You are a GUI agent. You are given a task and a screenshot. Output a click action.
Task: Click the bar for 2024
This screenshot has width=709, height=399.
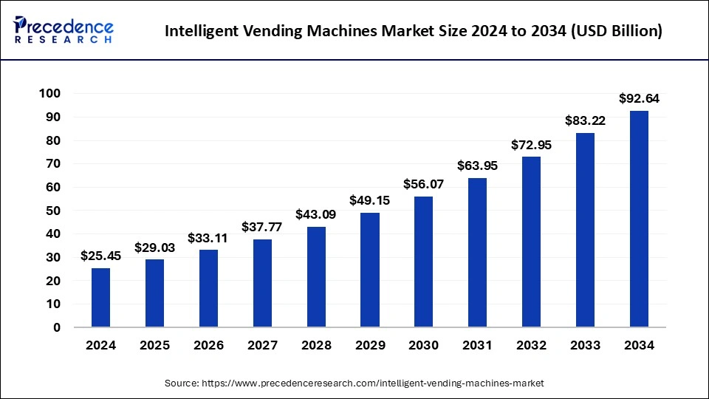100,298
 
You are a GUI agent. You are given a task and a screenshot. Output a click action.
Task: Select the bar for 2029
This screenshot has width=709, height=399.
370,270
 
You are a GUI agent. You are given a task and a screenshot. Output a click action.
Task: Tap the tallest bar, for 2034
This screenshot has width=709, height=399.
639,219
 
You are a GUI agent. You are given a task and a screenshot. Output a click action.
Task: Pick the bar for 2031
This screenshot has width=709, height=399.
478,253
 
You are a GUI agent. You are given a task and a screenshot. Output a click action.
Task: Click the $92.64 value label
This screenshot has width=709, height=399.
639,98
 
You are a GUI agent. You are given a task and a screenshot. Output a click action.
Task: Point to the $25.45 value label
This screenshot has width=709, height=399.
100,256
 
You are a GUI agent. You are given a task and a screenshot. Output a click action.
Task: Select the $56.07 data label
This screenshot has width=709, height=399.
424,184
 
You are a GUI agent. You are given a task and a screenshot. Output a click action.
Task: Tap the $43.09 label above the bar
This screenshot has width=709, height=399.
316,214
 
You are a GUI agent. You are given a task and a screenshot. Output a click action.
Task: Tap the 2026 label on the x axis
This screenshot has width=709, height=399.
208,346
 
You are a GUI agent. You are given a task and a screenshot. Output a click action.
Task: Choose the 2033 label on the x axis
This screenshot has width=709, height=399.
586,346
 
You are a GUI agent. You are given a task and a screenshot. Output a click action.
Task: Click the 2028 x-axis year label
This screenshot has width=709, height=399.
316,346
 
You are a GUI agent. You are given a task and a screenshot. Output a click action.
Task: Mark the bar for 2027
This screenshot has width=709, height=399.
262,283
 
